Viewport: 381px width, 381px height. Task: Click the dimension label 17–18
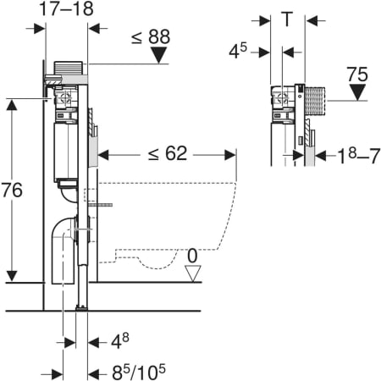(66, 8)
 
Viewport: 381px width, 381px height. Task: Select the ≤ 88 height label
(151, 36)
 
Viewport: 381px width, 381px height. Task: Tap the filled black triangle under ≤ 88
(159, 55)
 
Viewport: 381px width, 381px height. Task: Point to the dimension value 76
(12, 190)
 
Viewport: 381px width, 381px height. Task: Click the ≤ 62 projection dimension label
(168, 153)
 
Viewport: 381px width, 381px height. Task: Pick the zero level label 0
(192, 256)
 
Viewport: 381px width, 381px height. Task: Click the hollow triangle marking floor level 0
(193, 273)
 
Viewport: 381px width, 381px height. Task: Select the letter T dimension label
(287, 19)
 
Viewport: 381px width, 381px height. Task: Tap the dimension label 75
(357, 75)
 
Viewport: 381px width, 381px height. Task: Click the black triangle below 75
(357, 92)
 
